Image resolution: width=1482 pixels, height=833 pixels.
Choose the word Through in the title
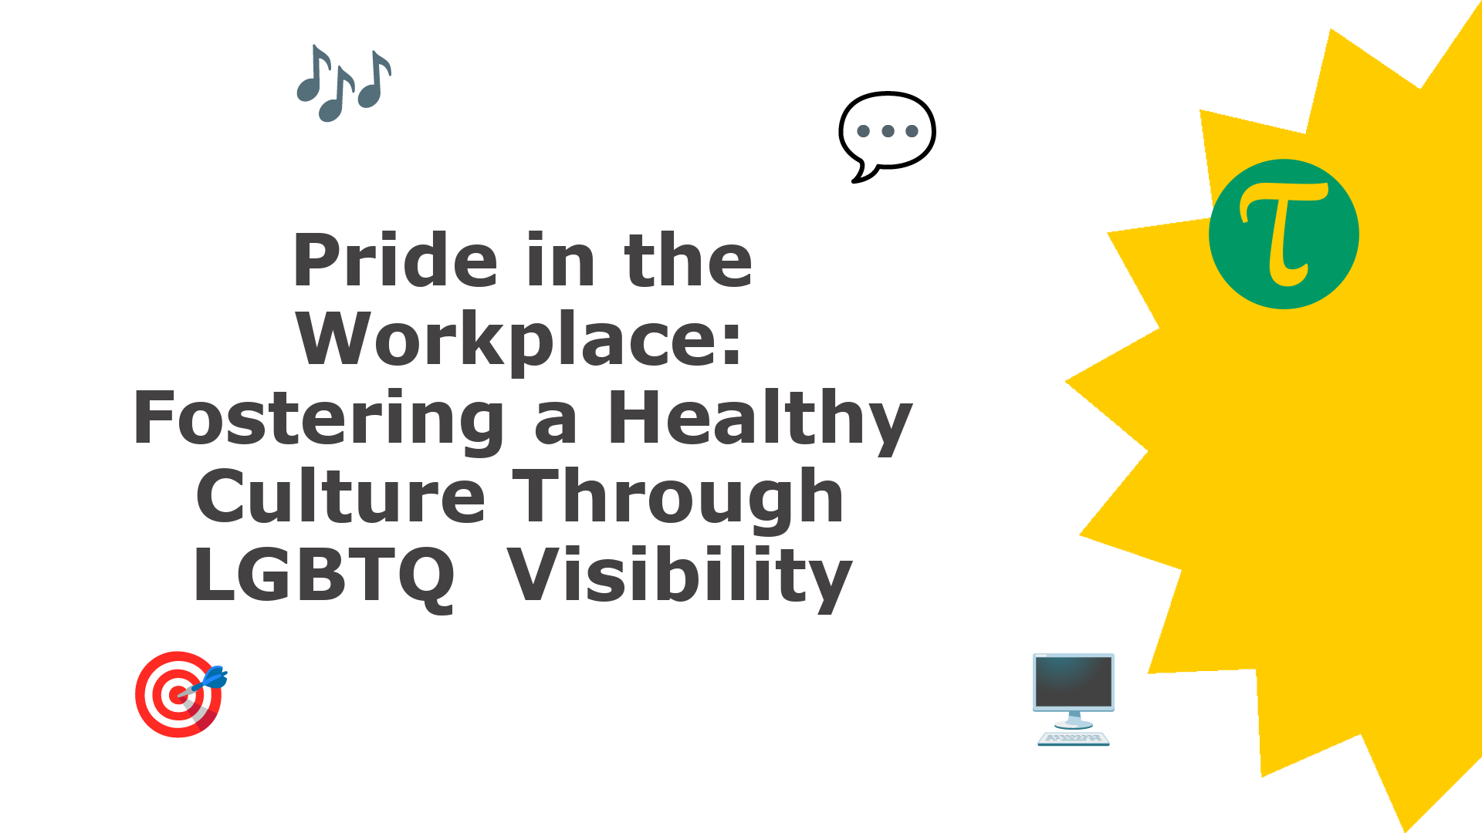pos(678,500)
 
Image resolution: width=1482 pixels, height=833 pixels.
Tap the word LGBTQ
pos(324,576)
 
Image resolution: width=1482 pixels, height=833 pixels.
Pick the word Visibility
pos(680,576)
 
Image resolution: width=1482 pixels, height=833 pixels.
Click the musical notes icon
pos(344,83)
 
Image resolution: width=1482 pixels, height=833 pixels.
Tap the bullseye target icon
pos(179,694)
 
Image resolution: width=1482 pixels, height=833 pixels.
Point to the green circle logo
pos(1284,234)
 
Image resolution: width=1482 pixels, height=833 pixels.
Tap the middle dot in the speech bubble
pos(888,131)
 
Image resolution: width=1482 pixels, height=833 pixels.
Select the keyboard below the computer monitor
pos(1074,739)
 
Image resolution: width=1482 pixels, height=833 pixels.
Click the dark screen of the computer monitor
pos(1074,682)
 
